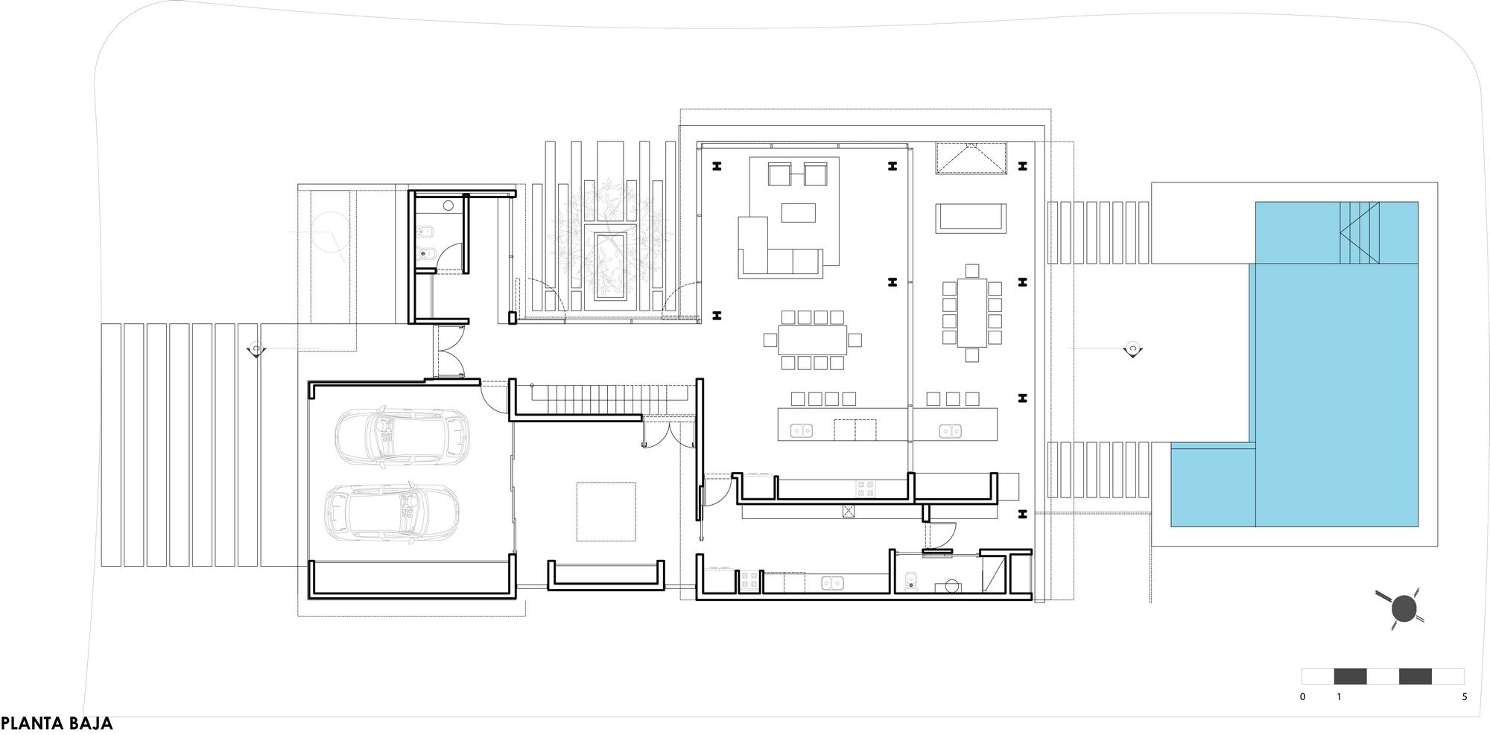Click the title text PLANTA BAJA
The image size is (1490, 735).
(x=57, y=723)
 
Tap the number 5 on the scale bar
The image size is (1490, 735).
(x=1465, y=697)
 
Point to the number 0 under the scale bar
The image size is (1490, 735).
(x=1302, y=697)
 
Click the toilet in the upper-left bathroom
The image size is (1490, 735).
(x=428, y=255)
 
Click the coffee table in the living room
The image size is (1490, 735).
(x=799, y=213)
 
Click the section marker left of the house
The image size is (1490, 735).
(x=256, y=349)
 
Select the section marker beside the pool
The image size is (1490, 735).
(x=1133, y=349)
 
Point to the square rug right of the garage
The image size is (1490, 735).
(x=606, y=512)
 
